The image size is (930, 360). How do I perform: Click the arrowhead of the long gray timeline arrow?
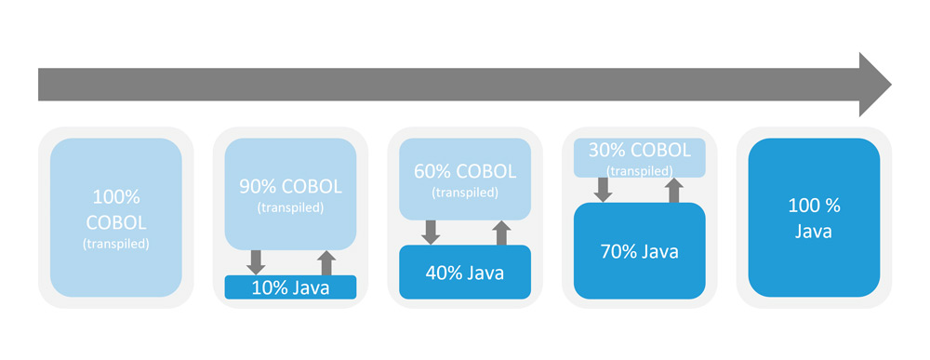[x=875, y=85]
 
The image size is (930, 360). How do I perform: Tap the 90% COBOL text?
[x=290, y=186]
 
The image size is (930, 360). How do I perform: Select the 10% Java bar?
[x=290, y=287]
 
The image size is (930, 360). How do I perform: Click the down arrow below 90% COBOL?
[x=256, y=262]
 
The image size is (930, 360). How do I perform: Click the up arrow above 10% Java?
[x=325, y=262]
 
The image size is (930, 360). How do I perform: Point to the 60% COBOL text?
[x=465, y=171]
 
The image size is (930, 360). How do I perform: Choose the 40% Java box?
[x=465, y=273]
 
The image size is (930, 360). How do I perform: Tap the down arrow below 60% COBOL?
[x=431, y=233]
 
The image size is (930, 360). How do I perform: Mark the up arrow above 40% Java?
[x=501, y=233]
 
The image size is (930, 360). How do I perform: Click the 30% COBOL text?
[x=640, y=150]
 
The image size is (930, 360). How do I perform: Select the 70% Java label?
[x=640, y=251]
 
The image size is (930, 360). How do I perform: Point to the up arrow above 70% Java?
[x=674, y=191]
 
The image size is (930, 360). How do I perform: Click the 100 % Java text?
[x=814, y=218]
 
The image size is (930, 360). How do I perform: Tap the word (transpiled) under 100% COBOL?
[x=116, y=244]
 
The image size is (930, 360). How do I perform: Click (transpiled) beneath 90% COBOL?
[x=290, y=207]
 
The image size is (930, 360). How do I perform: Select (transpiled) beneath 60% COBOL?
[x=465, y=193]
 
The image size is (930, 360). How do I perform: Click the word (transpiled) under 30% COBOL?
[x=640, y=171]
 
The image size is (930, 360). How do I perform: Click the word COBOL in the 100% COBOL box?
[x=116, y=222]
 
